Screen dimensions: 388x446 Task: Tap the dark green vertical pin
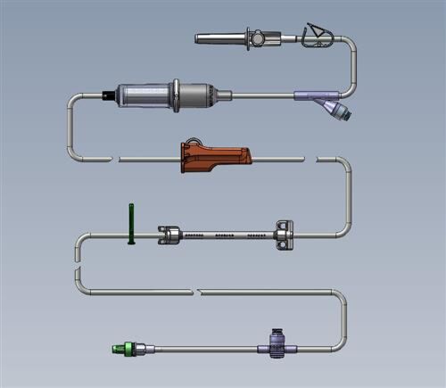(131, 223)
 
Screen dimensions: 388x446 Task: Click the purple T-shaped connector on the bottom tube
(278, 343)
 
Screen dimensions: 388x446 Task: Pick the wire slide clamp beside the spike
(316, 36)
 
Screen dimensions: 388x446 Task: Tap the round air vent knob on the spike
(257, 38)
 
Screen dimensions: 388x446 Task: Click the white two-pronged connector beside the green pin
(168, 235)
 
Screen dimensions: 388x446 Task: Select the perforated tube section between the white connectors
(227, 235)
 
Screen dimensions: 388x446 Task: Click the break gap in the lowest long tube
(195, 291)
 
